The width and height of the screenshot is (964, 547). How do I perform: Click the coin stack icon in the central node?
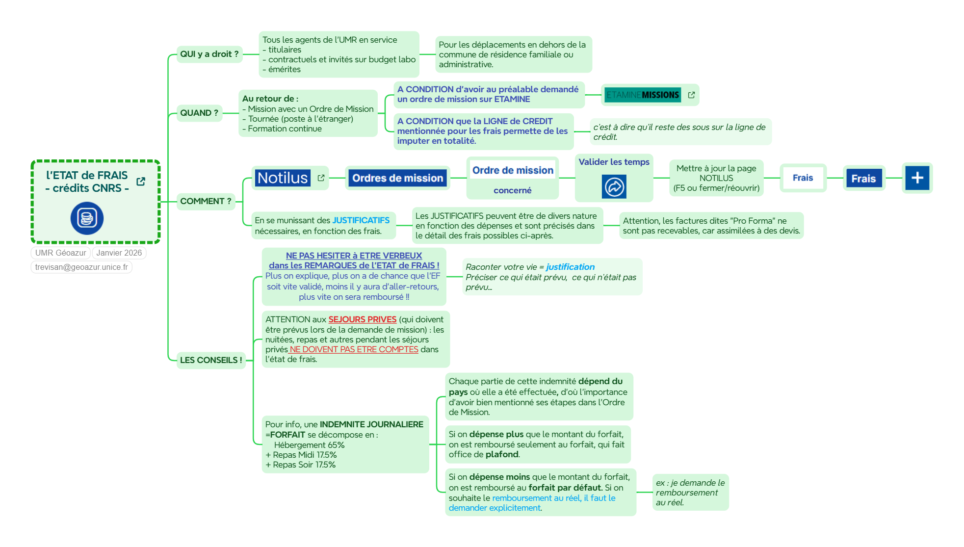pos(87,218)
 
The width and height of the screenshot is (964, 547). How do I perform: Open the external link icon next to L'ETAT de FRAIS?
pos(141,182)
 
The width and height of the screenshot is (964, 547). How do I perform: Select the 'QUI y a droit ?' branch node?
pos(209,54)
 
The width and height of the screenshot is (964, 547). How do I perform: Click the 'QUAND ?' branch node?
pos(199,113)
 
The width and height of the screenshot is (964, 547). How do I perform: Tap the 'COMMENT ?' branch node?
pos(206,201)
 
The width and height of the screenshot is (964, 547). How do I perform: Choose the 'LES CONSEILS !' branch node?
pos(211,360)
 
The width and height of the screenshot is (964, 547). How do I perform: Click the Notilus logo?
pos(283,178)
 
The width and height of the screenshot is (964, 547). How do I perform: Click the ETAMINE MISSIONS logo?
pos(643,95)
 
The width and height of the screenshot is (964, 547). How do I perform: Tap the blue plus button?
pos(917,178)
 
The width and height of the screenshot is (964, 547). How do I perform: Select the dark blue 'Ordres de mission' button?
pos(397,178)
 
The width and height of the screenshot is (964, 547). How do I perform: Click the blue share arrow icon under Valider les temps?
pos(614,187)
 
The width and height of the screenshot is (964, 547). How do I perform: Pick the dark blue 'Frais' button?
pos(863,179)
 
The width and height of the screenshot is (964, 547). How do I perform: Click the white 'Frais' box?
pos(803,178)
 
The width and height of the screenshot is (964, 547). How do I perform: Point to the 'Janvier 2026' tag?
pos(119,253)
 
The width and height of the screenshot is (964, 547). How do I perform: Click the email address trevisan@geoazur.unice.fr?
pos(81,267)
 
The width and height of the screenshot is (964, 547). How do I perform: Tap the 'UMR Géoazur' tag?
pos(61,253)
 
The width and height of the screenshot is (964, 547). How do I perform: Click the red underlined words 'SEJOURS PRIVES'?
pos(362,319)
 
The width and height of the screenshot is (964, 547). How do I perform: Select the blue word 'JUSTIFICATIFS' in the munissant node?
pos(361,221)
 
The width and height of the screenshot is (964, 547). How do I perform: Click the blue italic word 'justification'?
pos(570,267)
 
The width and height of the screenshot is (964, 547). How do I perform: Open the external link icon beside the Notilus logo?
pos(321,178)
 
